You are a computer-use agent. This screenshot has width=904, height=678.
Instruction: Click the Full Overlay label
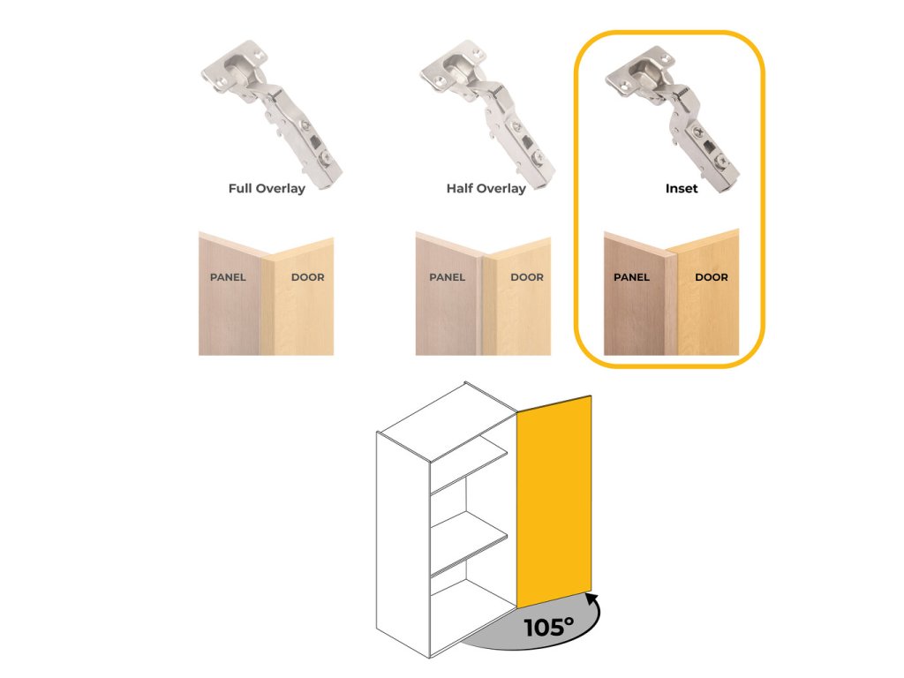pyautogui.click(x=267, y=188)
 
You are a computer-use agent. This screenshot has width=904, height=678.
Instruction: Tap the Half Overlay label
pyautogui.click(x=486, y=188)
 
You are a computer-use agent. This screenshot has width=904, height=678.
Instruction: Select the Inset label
pyautogui.click(x=681, y=188)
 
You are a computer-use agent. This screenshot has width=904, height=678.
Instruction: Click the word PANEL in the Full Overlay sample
pyautogui.click(x=228, y=277)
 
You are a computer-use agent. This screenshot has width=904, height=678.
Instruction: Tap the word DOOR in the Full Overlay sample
pyautogui.click(x=307, y=277)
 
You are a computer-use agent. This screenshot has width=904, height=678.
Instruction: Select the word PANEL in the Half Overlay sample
pyautogui.click(x=447, y=277)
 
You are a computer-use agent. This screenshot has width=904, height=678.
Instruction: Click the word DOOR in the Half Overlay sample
pyautogui.click(x=527, y=277)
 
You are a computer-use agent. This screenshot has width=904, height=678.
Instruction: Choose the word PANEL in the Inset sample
pyautogui.click(x=631, y=277)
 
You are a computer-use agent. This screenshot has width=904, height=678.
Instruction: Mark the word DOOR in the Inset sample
pyautogui.click(x=712, y=277)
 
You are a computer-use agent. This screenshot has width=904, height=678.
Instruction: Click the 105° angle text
pyautogui.click(x=548, y=628)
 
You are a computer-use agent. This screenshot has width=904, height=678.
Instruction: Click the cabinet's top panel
pyautogui.click(x=446, y=419)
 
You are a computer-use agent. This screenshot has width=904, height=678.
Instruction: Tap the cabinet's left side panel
pyautogui.click(x=403, y=547)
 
